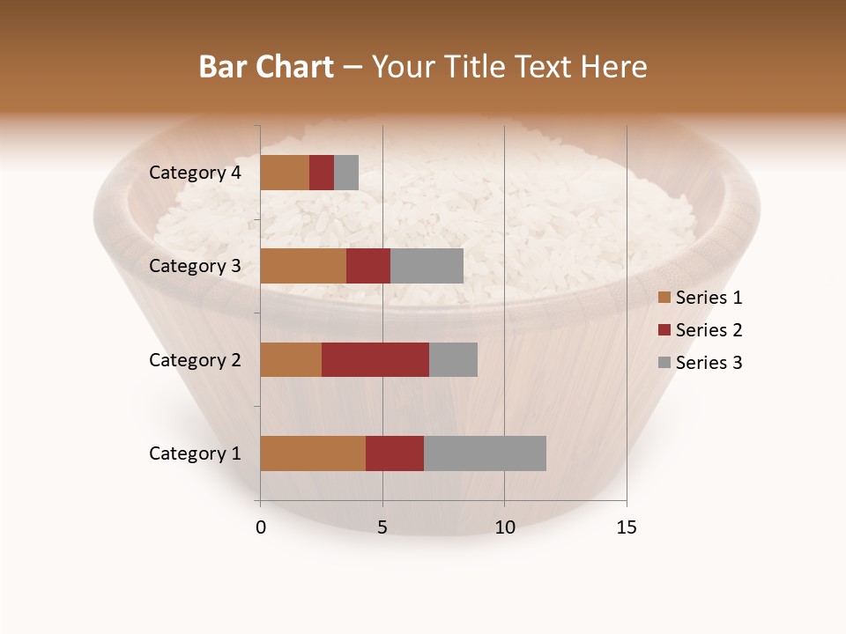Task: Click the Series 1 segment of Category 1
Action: [313, 453]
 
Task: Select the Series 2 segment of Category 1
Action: [395, 453]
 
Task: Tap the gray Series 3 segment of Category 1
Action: [485, 453]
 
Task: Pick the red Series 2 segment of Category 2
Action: [375, 359]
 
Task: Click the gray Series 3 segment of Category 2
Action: [453, 359]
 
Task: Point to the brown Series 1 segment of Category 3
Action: [303, 266]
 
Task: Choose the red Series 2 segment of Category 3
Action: [368, 266]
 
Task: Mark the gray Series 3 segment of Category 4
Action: [346, 173]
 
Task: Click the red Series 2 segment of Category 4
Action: [322, 173]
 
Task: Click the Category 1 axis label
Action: [195, 453]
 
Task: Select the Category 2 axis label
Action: [195, 360]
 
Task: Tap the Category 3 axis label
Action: [195, 266]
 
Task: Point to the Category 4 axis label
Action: [195, 173]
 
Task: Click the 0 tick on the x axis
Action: [261, 527]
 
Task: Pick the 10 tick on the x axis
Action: [504, 527]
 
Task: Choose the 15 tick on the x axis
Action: [627, 527]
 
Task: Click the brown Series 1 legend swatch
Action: [664, 298]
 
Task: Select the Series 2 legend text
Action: [709, 330]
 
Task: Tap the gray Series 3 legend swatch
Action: [664, 363]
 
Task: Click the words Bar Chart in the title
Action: [266, 67]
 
